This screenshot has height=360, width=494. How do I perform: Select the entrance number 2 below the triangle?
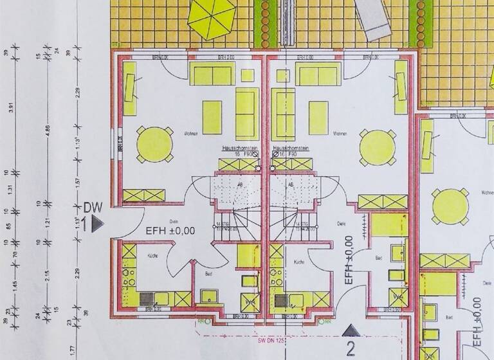351,349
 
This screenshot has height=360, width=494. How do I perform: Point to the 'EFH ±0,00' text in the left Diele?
170,231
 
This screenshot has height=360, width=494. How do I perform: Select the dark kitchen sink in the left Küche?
147,298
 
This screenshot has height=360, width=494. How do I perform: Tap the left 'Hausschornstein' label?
240,148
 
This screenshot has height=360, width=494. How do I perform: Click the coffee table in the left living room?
212,116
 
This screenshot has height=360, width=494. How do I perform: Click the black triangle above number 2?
351,330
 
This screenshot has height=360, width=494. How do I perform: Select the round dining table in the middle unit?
378,147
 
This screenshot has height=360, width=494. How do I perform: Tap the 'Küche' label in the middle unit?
299,262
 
